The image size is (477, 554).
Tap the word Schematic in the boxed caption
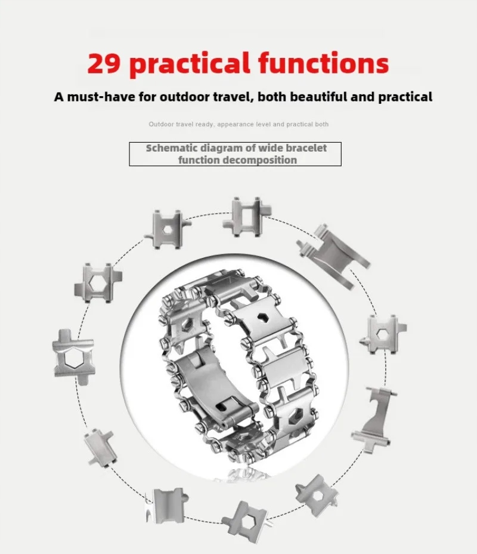[169, 148]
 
